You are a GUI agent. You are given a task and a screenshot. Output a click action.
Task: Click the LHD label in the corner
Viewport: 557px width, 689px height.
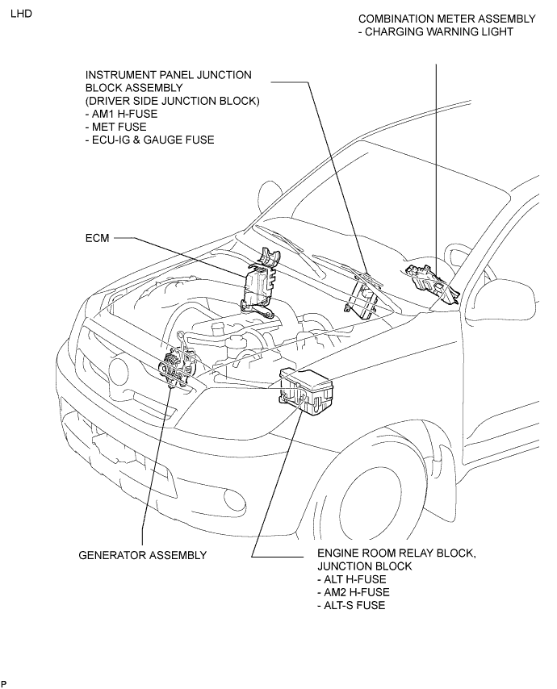point(21,14)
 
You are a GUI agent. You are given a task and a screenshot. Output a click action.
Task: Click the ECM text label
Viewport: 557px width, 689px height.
point(97,238)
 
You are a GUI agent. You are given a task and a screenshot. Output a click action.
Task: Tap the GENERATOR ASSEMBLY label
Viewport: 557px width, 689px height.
point(142,555)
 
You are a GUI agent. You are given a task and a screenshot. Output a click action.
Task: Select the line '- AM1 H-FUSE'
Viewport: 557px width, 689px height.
point(121,114)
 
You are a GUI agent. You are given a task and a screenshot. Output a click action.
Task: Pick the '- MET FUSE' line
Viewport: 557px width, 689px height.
point(116,127)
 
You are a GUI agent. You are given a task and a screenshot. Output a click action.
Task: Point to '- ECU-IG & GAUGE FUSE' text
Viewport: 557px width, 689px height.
point(150,140)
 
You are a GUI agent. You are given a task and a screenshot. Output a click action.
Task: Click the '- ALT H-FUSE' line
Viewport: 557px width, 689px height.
point(352,579)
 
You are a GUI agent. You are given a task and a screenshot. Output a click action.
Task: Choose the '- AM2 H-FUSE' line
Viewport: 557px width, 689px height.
point(354,592)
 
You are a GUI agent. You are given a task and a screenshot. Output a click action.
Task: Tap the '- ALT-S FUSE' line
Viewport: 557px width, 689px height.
point(351,605)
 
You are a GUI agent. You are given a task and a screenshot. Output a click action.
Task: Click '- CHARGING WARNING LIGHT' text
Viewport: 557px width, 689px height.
point(436,31)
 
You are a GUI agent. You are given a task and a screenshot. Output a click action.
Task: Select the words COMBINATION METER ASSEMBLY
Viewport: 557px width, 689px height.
point(447,19)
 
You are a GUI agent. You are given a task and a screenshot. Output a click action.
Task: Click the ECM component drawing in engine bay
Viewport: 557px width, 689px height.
point(259,282)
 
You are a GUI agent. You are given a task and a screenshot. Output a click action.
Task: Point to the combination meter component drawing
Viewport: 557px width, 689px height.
point(431,282)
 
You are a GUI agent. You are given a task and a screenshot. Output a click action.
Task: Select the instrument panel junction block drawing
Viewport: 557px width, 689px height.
point(362,297)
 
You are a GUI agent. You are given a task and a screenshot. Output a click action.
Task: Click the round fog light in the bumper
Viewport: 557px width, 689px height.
point(235,498)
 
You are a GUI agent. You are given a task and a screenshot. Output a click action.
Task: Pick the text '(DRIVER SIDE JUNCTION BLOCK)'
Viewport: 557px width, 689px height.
point(172,101)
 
